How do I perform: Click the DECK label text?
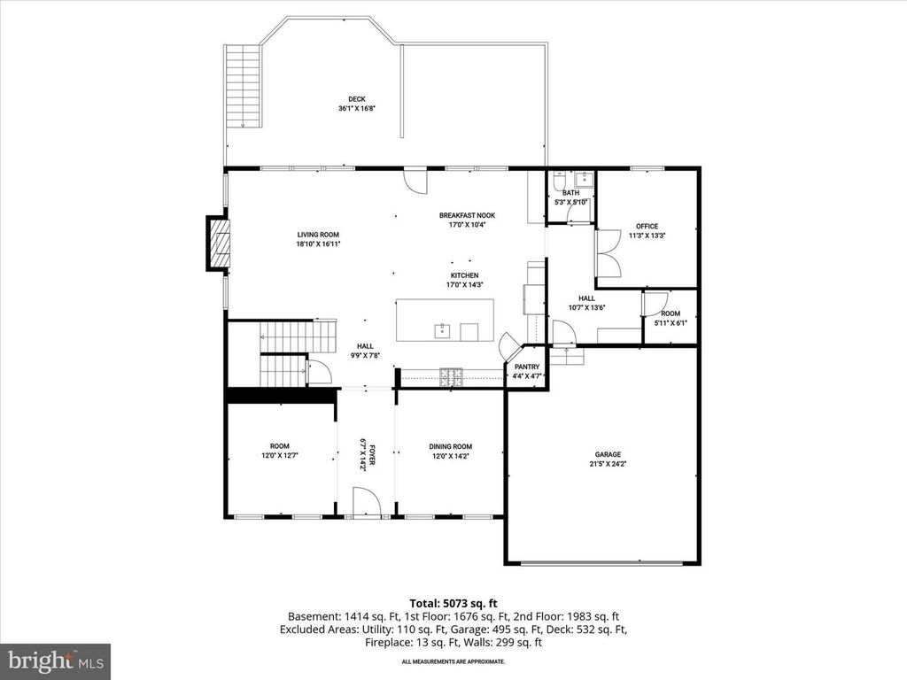pos(356,99)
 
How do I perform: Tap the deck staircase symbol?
pos(241,87)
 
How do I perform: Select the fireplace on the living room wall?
pos(218,243)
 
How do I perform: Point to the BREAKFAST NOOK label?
pos(467,215)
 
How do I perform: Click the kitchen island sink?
pos(441,332)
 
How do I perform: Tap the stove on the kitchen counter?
pos(452,375)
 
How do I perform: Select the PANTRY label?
pos(527,366)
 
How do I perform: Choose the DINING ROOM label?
pos(451,447)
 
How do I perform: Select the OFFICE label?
pos(647,227)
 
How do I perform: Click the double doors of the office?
pos(608,252)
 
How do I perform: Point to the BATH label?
pos(570,193)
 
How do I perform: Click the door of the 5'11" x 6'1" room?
pos(655,304)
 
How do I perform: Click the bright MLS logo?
pos(55,661)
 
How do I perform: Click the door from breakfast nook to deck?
pos(415,180)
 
